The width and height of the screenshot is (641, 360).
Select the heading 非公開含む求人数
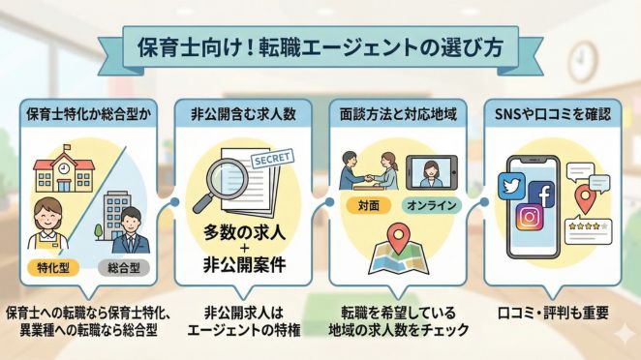[x=240, y=113]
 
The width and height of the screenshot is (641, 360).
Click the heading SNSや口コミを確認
[x=557, y=113]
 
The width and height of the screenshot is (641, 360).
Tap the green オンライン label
[x=432, y=204]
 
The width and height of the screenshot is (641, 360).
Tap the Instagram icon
[x=529, y=218]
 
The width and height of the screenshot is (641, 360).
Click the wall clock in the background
[x=584, y=61]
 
